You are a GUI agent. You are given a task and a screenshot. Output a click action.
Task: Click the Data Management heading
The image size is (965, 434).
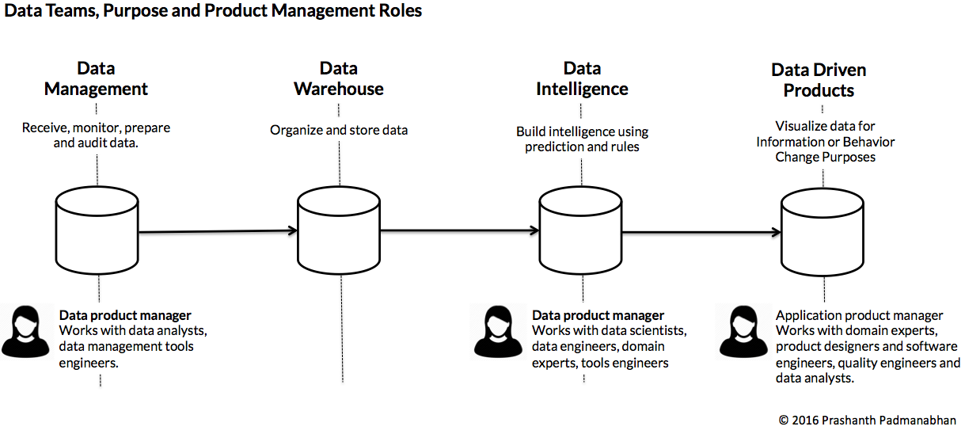(96, 79)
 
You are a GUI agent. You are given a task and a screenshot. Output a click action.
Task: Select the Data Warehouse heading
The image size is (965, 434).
(339, 79)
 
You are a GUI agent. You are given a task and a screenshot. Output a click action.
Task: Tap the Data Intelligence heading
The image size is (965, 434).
(582, 79)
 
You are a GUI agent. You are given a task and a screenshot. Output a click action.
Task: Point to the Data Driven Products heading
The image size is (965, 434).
(819, 80)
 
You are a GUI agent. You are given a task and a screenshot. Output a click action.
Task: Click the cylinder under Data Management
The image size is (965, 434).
(97, 230)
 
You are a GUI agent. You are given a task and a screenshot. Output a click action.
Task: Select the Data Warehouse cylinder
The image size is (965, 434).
(339, 230)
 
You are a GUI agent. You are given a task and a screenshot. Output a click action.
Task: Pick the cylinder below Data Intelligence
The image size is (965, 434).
(581, 230)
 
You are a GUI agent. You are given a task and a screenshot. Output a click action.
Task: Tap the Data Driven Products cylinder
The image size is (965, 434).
(823, 232)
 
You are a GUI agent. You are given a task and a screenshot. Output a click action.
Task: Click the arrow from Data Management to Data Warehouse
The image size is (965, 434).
(218, 231)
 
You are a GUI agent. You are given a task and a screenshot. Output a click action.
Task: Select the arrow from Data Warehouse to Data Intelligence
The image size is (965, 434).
(460, 230)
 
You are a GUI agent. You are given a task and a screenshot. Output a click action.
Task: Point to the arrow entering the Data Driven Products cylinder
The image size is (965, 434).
(701, 232)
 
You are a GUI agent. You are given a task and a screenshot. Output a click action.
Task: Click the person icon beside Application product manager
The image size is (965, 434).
(743, 331)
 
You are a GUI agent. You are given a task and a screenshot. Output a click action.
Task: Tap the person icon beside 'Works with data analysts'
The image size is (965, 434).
(26, 331)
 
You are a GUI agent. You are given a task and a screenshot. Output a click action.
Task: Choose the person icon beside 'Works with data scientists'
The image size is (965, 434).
(498, 331)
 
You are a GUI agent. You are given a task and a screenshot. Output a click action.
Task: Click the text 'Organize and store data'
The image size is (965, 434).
(339, 130)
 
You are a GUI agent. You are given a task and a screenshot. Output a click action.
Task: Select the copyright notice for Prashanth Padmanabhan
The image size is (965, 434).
(867, 421)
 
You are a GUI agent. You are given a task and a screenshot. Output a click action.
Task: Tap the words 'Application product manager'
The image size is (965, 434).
(860, 315)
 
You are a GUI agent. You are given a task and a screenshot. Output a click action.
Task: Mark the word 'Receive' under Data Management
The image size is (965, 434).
(46, 128)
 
